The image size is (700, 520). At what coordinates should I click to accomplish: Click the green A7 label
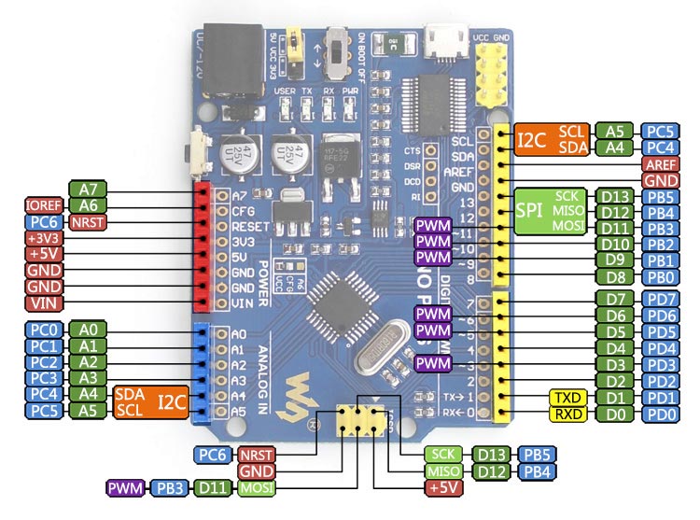[90, 188]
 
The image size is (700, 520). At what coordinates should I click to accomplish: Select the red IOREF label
[43, 204]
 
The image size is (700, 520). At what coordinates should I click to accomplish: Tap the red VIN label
[44, 303]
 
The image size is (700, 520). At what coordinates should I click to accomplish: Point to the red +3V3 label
[44, 237]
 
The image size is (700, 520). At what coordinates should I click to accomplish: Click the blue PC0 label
[43, 329]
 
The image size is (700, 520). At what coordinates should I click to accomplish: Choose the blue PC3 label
[43, 377]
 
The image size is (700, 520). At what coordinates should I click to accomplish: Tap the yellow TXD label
[568, 397]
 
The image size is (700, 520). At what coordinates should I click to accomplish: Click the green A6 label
[90, 204]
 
